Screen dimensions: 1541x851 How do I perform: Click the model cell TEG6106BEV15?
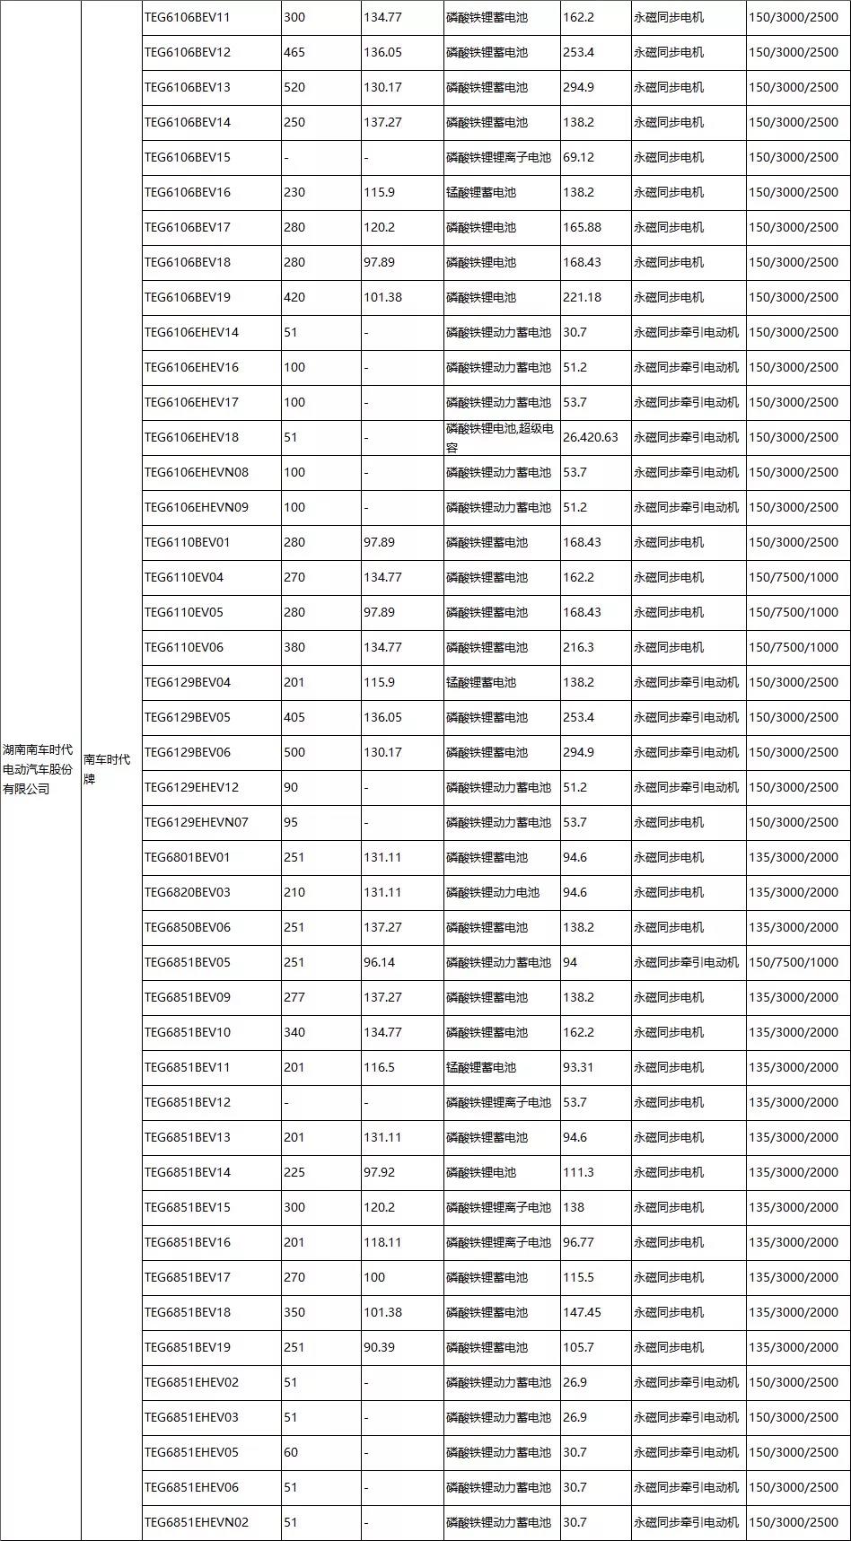point(188,157)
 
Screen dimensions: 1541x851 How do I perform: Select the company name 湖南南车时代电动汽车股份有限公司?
point(39,769)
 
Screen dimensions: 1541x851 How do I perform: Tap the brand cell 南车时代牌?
point(107,769)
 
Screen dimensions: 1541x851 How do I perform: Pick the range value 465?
point(294,52)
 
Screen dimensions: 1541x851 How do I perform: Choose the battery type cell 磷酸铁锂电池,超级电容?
point(500,437)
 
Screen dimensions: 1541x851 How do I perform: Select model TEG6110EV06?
point(184,647)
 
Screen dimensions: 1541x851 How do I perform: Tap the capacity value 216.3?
point(578,647)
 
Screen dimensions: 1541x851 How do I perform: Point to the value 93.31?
point(578,1067)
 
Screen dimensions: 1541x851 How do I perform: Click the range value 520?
point(294,87)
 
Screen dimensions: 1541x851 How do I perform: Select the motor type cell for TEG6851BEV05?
point(687,962)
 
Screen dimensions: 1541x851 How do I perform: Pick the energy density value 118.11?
point(382,1242)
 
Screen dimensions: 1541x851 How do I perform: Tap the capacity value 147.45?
point(582,1312)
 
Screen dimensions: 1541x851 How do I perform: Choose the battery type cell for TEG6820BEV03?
point(493,892)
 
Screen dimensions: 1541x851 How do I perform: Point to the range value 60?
point(291,1452)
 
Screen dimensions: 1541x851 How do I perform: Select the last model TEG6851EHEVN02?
point(197,1522)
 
